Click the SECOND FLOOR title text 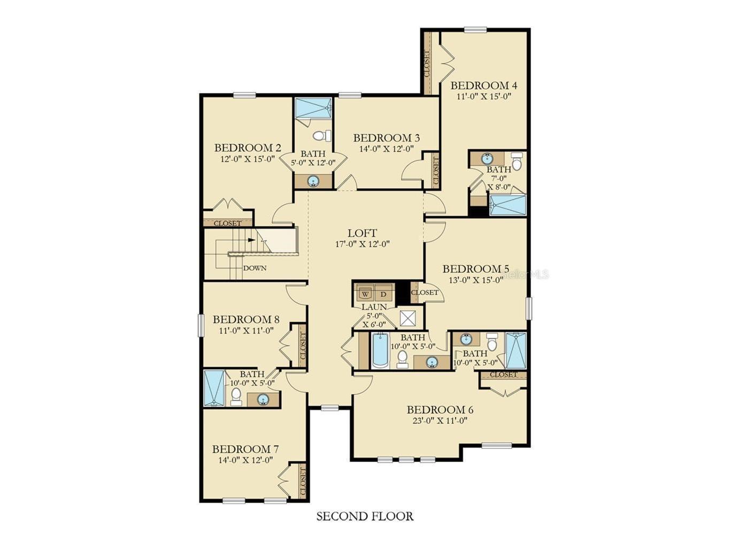tap(365, 516)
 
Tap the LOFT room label tap(362, 233)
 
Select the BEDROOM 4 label tap(483, 86)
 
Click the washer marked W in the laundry tap(365, 294)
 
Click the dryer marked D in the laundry tap(383, 294)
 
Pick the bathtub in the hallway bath tap(379, 351)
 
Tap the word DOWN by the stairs tap(255, 268)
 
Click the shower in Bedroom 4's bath tap(508, 205)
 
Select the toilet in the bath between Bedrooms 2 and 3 tap(321, 135)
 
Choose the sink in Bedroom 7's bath tap(263, 399)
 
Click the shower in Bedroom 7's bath tap(214, 388)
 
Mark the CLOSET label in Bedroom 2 tap(227, 223)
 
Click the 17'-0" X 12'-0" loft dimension tap(362, 244)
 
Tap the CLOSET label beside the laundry tap(425, 293)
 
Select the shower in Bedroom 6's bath tap(516, 351)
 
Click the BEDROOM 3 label tap(386, 138)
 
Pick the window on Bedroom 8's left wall tap(201, 325)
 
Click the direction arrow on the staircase tap(252, 240)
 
